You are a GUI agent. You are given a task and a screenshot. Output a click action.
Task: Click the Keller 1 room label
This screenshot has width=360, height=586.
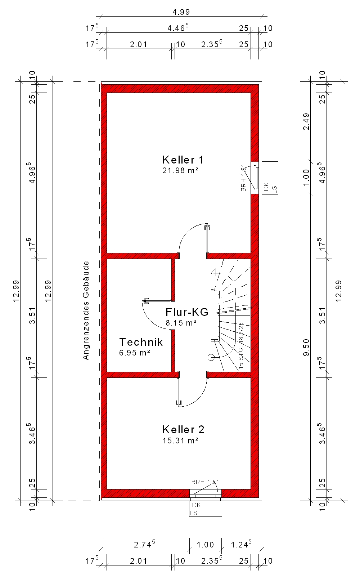[x=183, y=160]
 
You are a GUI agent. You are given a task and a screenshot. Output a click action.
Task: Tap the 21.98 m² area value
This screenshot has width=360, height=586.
[x=180, y=170]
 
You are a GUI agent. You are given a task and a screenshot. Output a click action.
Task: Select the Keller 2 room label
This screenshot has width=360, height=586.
[x=183, y=429]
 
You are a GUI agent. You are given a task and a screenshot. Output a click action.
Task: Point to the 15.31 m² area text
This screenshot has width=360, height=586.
[x=180, y=440]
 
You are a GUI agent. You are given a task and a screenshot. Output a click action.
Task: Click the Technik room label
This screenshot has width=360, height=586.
[x=141, y=342]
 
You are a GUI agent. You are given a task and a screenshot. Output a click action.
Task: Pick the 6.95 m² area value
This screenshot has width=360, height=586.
[x=134, y=353]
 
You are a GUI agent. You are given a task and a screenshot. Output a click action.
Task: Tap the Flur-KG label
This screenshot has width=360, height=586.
[x=187, y=312]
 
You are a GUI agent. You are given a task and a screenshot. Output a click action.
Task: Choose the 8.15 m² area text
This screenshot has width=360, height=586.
[x=181, y=323]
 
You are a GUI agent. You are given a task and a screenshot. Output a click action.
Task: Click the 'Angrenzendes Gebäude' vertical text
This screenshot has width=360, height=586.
[x=86, y=310]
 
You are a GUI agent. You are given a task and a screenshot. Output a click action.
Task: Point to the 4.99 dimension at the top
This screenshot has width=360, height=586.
[x=181, y=12]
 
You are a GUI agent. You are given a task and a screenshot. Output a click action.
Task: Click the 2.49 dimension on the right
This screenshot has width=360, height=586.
[x=306, y=122]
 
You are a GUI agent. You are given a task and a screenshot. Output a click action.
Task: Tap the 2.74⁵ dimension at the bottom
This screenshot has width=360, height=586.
[x=144, y=544]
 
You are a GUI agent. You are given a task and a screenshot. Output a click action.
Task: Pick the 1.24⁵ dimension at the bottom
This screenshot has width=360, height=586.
[x=241, y=544]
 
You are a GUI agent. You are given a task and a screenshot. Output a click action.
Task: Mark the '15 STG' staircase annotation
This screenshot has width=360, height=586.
[x=241, y=358]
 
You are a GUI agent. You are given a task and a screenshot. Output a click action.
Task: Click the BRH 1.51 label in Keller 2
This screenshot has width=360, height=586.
[x=205, y=482]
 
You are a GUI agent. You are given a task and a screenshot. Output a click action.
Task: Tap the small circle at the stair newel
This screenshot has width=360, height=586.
[x=211, y=357]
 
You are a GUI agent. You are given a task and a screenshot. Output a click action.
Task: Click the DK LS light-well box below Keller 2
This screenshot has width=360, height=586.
[x=206, y=509]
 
